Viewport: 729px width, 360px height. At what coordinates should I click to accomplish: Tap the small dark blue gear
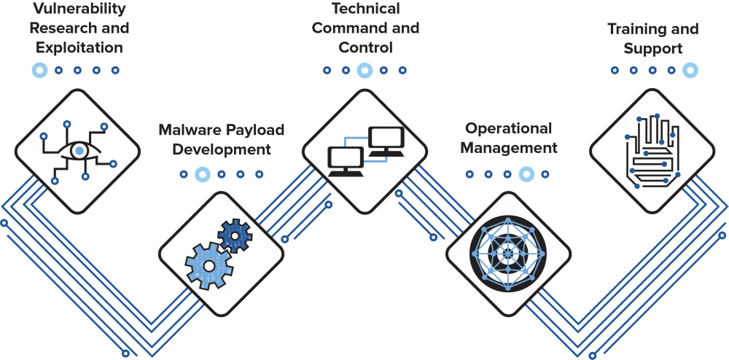tap(235, 235)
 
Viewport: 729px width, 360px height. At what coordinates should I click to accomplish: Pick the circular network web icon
tap(507, 254)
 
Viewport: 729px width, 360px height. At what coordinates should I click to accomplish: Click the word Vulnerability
tap(79, 9)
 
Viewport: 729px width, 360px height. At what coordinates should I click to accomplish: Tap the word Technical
tap(365, 9)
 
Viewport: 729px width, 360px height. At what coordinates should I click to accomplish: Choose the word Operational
tap(509, 129)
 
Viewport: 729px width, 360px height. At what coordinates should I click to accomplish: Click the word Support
tap(653, 49)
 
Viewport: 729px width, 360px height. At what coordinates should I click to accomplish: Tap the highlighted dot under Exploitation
tap(40, 71)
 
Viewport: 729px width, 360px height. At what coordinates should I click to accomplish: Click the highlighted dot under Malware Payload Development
tap(203, 174)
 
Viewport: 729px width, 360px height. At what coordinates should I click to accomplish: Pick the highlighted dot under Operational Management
tap(526, 174)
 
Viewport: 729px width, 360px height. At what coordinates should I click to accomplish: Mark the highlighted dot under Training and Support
tap(690, 70)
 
